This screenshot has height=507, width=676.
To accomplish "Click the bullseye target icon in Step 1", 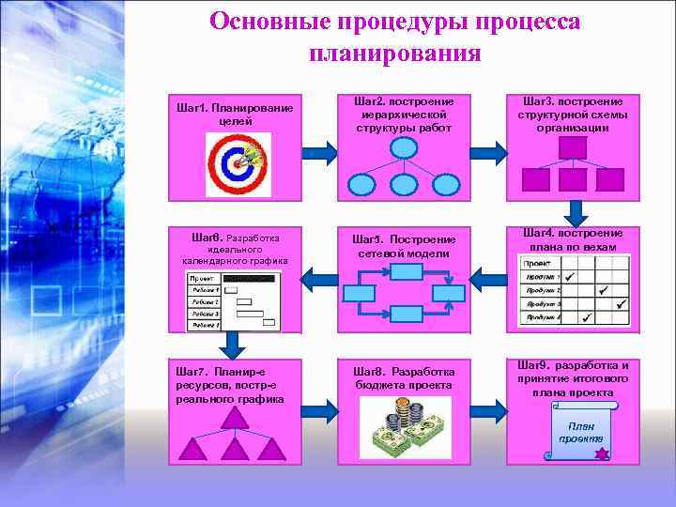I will click(x=238, y=164).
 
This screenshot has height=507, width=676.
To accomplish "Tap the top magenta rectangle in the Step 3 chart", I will click(x=572, y=147).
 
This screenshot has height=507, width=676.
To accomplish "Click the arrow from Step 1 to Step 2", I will click(x=319, y=152).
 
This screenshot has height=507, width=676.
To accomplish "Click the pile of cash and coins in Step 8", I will click(x=405, y=427).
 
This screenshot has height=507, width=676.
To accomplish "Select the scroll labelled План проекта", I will click(x=579, y=433).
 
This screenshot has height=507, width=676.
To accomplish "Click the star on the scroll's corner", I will click(x=602, y=454).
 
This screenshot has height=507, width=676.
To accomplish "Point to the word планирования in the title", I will click(x=394, y=53).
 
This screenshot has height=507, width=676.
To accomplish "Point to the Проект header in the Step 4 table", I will click(x=538, y=264).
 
